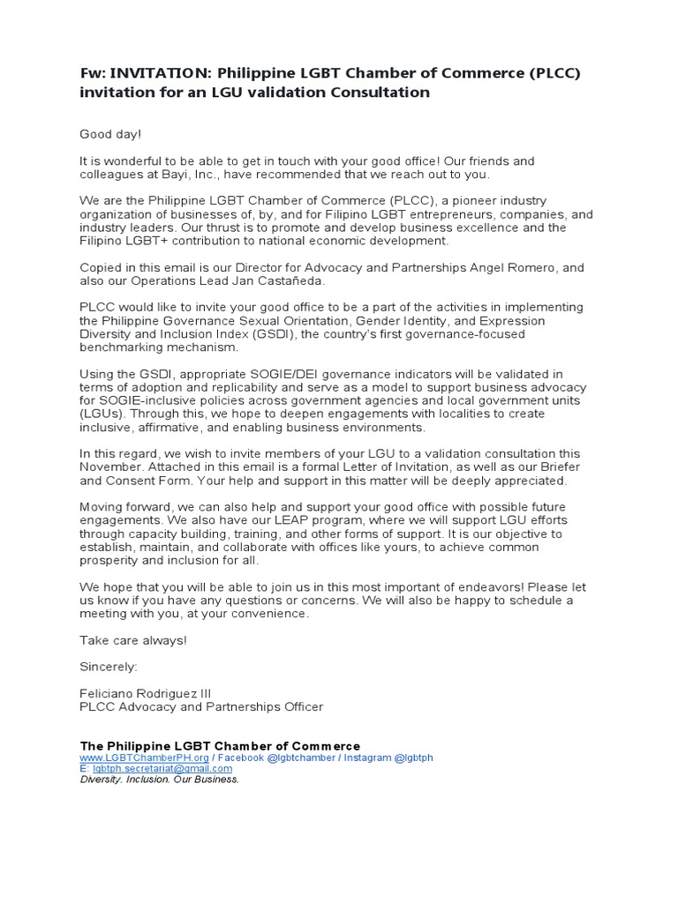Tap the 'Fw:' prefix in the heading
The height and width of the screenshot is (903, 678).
click(x=93, y=73)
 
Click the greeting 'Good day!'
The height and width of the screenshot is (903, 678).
click(x=110, y=134)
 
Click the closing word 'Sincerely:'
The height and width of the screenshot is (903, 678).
click(x=109, y=667)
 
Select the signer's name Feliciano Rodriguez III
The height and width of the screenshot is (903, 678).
click(x=146, y=693)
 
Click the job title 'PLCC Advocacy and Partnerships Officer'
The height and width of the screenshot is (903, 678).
click(x=201, y=706)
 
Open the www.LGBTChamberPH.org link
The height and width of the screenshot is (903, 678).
click(x=144, y=757)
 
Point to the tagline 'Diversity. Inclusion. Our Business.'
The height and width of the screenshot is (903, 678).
click(x=160, y=779)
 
